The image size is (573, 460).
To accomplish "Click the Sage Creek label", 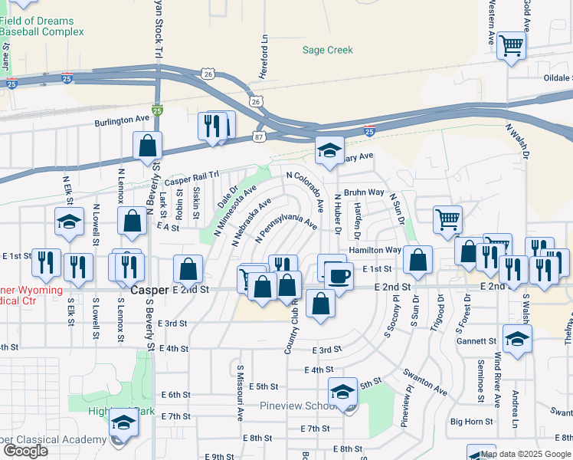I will (327, 50).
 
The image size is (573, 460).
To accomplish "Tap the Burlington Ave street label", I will (122, 120).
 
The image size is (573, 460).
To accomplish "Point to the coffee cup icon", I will (338, 274).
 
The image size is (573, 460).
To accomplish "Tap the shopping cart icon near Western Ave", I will (511, 44).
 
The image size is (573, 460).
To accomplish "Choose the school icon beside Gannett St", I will (517, 338).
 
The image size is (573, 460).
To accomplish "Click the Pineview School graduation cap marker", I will (342, 392).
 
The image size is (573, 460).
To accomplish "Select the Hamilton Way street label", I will (375, 250).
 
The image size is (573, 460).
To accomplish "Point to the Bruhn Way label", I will (363, 192).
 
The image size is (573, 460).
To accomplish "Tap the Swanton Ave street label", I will (425, 382).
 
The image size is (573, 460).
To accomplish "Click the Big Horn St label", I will (471, 421).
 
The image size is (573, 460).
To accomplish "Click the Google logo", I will (25, 451).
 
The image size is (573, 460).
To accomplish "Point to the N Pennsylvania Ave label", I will (286, 228).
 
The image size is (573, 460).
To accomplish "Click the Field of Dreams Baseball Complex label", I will (41, 27).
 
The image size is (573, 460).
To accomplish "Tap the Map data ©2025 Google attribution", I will (526, 454).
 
